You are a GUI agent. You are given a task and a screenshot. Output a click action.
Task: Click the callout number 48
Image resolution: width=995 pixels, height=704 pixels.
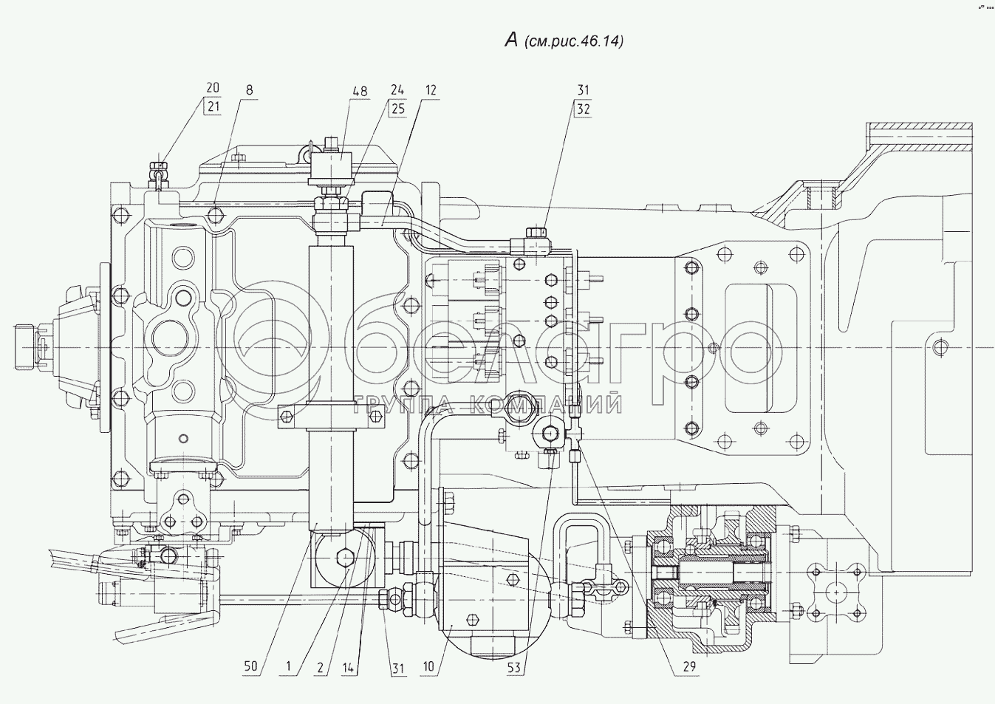coord(360,91)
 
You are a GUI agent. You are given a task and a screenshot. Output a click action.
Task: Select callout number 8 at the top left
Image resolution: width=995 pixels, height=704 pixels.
coord(249,90)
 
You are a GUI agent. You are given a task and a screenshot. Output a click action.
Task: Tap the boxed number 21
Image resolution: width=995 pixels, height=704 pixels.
coord(213,107)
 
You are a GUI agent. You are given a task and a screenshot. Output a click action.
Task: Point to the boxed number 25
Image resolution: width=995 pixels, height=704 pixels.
coord(397,109)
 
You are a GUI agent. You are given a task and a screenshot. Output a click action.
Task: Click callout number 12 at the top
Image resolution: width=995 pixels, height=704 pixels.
coord(431,90)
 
